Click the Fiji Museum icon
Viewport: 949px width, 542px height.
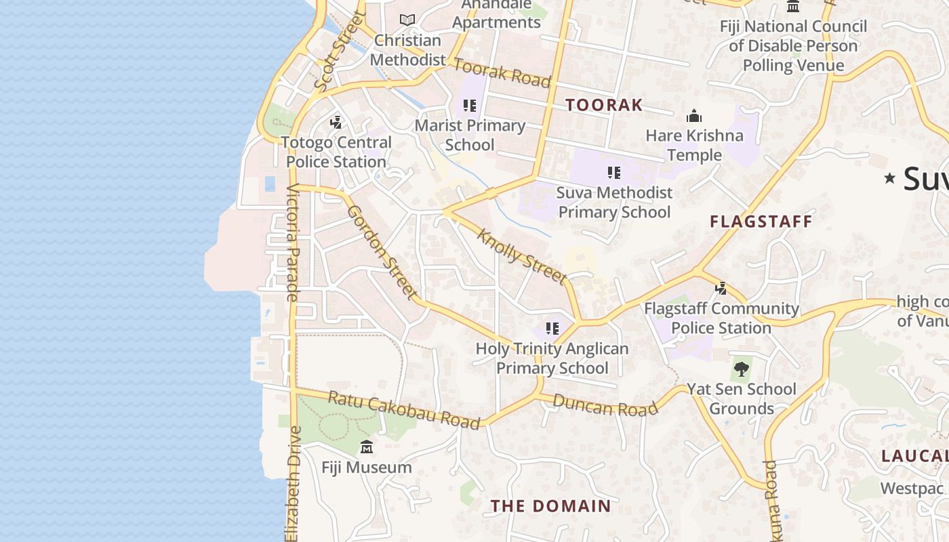point(367,447)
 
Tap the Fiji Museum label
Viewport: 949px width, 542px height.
point(366,467)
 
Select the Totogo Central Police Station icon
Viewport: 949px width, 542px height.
point(336,123)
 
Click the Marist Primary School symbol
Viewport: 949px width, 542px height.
point(470,106)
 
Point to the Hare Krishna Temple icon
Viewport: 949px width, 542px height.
point(693,117)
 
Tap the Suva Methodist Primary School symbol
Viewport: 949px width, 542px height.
point(614,173)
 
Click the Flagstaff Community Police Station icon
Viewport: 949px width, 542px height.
point(721,289)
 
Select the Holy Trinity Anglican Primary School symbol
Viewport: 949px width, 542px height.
point(552,329)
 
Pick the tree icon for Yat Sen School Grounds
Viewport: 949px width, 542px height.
point(742,369)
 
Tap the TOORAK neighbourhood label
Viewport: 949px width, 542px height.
point(604,105)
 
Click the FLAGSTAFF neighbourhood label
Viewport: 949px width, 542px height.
point(761,222)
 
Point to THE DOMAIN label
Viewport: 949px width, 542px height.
point(551,506)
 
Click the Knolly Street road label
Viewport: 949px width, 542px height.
point(522,256)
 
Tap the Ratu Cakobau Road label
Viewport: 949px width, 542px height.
point(404,409)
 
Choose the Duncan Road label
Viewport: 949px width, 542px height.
point(605,404)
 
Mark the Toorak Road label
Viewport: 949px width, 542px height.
point(502,72)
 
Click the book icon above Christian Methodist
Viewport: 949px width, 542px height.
point(407,20)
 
